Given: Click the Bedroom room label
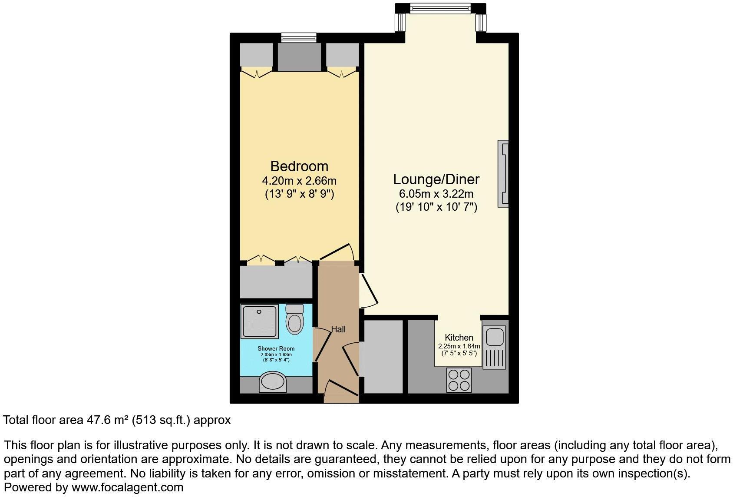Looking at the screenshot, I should (299, 166).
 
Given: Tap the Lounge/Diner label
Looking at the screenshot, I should (436, 179).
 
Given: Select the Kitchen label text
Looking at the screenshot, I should (459, 338).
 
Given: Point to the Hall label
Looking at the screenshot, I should (338, 329).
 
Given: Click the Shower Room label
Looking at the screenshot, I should (276, 348).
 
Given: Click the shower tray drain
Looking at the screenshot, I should (259, 311).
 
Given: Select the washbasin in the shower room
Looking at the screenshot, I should (272, 382).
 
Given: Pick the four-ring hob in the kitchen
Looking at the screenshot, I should (459, 380).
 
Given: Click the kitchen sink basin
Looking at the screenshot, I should (494, 337).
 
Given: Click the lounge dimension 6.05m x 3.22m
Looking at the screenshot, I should (436, 194).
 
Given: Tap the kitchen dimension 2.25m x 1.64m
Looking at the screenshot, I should (459, 346).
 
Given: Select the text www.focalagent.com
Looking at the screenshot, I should (127, 487).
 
